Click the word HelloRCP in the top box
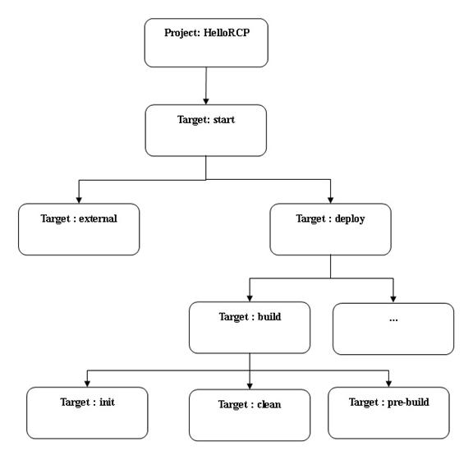227,33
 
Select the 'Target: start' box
206,131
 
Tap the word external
98,218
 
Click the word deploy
350,218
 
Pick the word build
269,316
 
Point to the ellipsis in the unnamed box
393,320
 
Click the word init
107,402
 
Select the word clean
269,404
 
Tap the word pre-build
408,402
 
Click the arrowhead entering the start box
206,101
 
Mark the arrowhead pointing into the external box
79,200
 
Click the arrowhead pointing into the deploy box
330,200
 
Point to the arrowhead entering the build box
250,298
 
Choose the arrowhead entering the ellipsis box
393,299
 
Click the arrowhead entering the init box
87,384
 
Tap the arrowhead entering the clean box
250,386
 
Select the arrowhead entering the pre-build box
388,384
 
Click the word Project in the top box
182,33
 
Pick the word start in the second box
224,120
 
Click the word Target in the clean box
233,405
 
